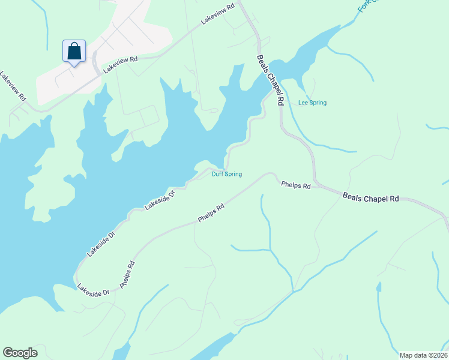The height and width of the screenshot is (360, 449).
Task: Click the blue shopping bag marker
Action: coord(74,51)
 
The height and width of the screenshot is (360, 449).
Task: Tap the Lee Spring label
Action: coord(312,103)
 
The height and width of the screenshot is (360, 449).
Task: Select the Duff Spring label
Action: coord(227,174)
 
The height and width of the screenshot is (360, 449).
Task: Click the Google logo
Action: coord(20,353)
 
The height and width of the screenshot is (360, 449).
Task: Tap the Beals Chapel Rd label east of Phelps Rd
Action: coord(370,197)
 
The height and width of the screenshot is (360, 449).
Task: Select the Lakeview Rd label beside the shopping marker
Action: coord(120,65)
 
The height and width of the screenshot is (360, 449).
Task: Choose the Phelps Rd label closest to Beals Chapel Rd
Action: coord(296,185)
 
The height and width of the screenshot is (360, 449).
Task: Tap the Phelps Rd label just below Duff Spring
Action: coord(211,214)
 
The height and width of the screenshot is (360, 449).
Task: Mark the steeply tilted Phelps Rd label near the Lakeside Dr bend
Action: coord(127,274)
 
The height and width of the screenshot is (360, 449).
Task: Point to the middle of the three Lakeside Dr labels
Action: coord(100,244)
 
